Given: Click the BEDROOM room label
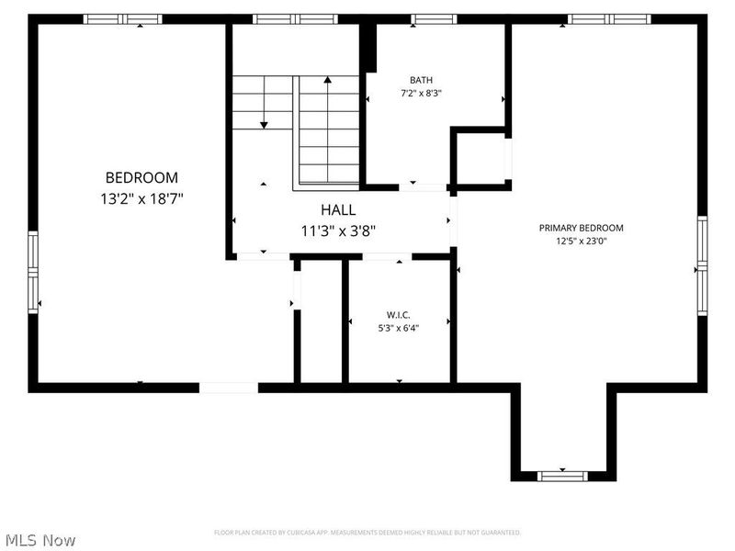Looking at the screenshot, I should (x=141, y=178).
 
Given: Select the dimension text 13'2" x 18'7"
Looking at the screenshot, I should (x=141, y=197).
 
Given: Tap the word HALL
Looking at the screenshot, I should (x=338, y=210).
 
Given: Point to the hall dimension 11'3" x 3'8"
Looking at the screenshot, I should (x=338, y=231).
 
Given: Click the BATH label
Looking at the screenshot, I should (x=422, y=80).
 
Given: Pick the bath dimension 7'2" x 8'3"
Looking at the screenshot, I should (x=422, y=93).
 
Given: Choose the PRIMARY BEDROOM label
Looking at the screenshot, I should (x=582, y=228).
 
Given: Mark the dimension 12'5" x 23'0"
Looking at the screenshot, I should (x=582, y=242).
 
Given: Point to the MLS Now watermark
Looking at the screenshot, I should (x=40, y=540).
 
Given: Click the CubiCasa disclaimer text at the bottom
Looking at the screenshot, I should (x=367, y=533).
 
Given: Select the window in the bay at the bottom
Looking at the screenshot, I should (x=562, y=475).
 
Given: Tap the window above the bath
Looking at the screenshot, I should (x=434, y=18).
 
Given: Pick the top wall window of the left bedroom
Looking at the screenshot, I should (x=122, y=18).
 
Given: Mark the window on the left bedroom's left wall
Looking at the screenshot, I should (x=33, y=273).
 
